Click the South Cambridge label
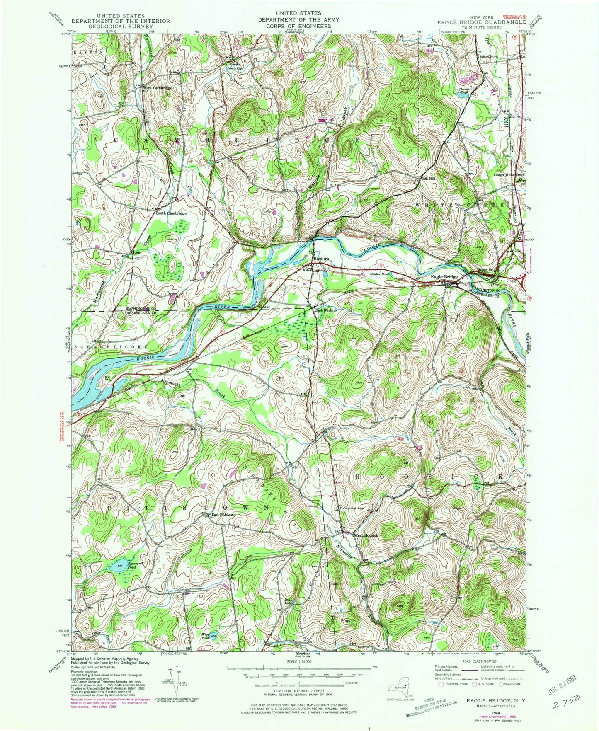pos(171,213)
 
